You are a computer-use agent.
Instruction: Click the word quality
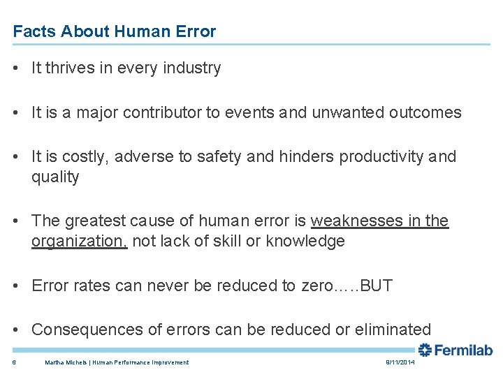point(55,177)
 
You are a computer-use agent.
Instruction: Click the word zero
point(317,286)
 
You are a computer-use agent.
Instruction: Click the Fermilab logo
point(455,350)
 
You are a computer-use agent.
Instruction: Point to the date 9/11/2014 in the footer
point(400,362)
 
